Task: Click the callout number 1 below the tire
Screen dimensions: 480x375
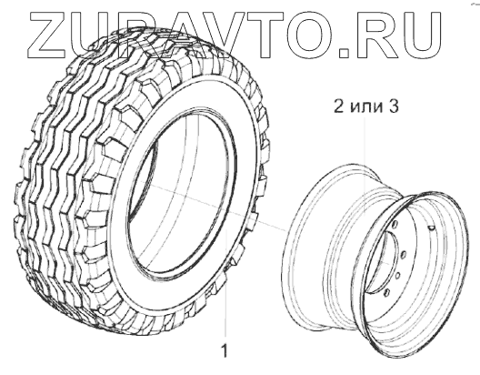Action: click(225, 350)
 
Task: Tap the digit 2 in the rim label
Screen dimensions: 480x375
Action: click(339, 106)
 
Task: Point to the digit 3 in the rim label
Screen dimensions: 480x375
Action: click(394, 106)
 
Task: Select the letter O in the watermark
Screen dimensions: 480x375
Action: click(311, 35)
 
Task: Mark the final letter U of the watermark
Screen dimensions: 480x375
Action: click(420, 35)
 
